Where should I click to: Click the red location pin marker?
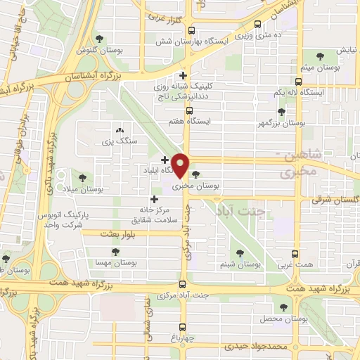pyautogui.click(x=181, y=165)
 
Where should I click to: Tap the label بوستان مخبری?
pyautogui.click(x=214, y=186)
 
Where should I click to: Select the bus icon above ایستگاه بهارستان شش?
pyautogui.click(x=192, y=30)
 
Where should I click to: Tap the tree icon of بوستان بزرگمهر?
pyautogui.click(x=281, y=111)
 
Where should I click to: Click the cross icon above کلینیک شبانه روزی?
pyautogui.click(x=184, y=75)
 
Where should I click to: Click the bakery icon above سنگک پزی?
pyautogui.click(x=119, y=130)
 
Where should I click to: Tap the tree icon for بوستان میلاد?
pyautogui.click(x=83, y=177)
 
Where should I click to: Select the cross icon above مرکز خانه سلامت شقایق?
pyautogui.click(x=154, y=200)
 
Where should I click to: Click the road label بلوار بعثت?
pyautogui.click(x=117, y=233)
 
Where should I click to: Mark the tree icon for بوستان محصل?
pyautogui.click(x=283, y=307)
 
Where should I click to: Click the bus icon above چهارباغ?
pyautogui.click(x=183, y=327)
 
